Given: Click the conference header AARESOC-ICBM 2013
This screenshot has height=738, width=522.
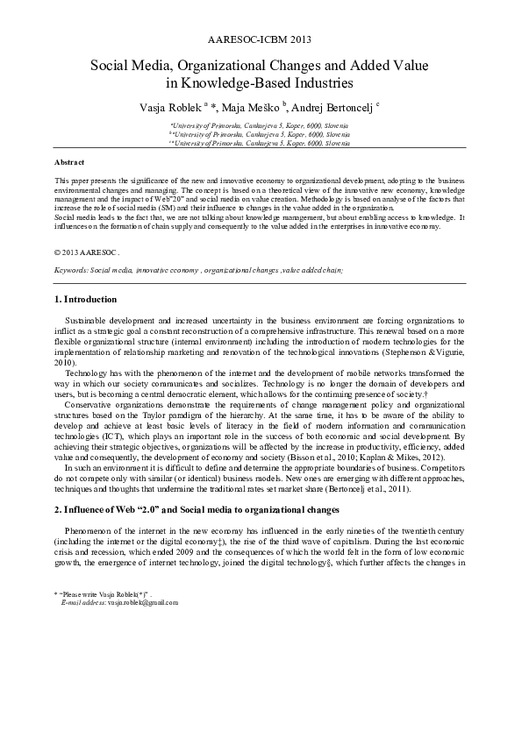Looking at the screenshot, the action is (261, 40).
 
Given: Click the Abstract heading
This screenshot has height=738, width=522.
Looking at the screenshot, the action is (69, 163).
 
